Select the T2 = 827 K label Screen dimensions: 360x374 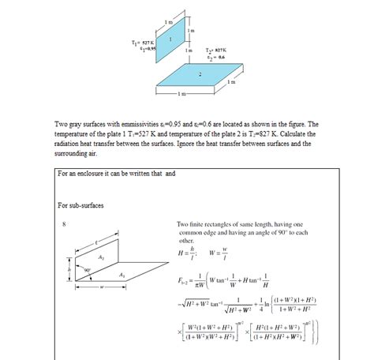pos(216,49)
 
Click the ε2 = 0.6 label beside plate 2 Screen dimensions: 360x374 pos(216,56)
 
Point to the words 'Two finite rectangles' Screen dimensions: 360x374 pos(208,225)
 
